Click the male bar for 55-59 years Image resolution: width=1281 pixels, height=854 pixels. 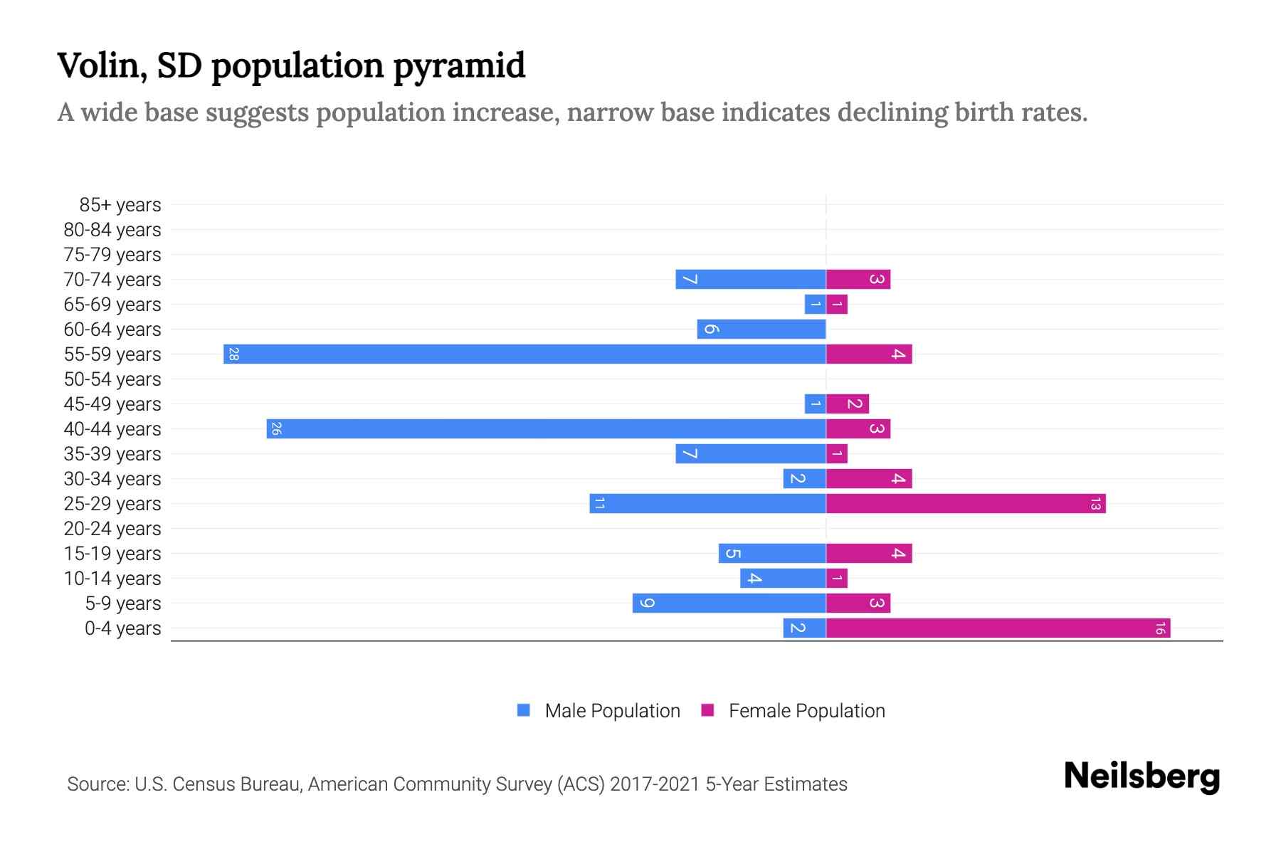tap(524, 354)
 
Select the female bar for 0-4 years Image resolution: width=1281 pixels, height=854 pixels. tap(998, 628)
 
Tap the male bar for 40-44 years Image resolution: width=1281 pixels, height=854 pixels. tap(546, 428)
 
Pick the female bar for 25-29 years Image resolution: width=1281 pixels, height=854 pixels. tap(966, 503)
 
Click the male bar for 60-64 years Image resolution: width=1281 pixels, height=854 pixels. tap(761, 329)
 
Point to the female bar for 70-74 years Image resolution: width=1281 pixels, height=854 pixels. tap(858, 279)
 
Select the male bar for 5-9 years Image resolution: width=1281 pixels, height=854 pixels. tap(729, 603)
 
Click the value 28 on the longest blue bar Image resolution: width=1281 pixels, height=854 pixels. tap(233, 354)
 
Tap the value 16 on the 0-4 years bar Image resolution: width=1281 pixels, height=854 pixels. tap(1160, 628)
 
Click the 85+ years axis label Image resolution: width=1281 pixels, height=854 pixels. tap(120, 205)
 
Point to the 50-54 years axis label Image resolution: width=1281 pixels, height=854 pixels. tap(112, 379)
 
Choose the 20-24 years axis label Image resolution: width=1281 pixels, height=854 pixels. tap(112, 529)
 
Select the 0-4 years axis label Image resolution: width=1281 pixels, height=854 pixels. tap(122, 628)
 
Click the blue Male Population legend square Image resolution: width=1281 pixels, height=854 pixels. tap(524, 710)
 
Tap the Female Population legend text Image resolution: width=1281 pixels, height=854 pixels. tap(806, 711)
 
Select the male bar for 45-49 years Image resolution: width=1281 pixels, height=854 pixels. tap(815, 404)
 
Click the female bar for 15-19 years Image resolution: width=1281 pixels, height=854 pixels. tap(869, 553)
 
